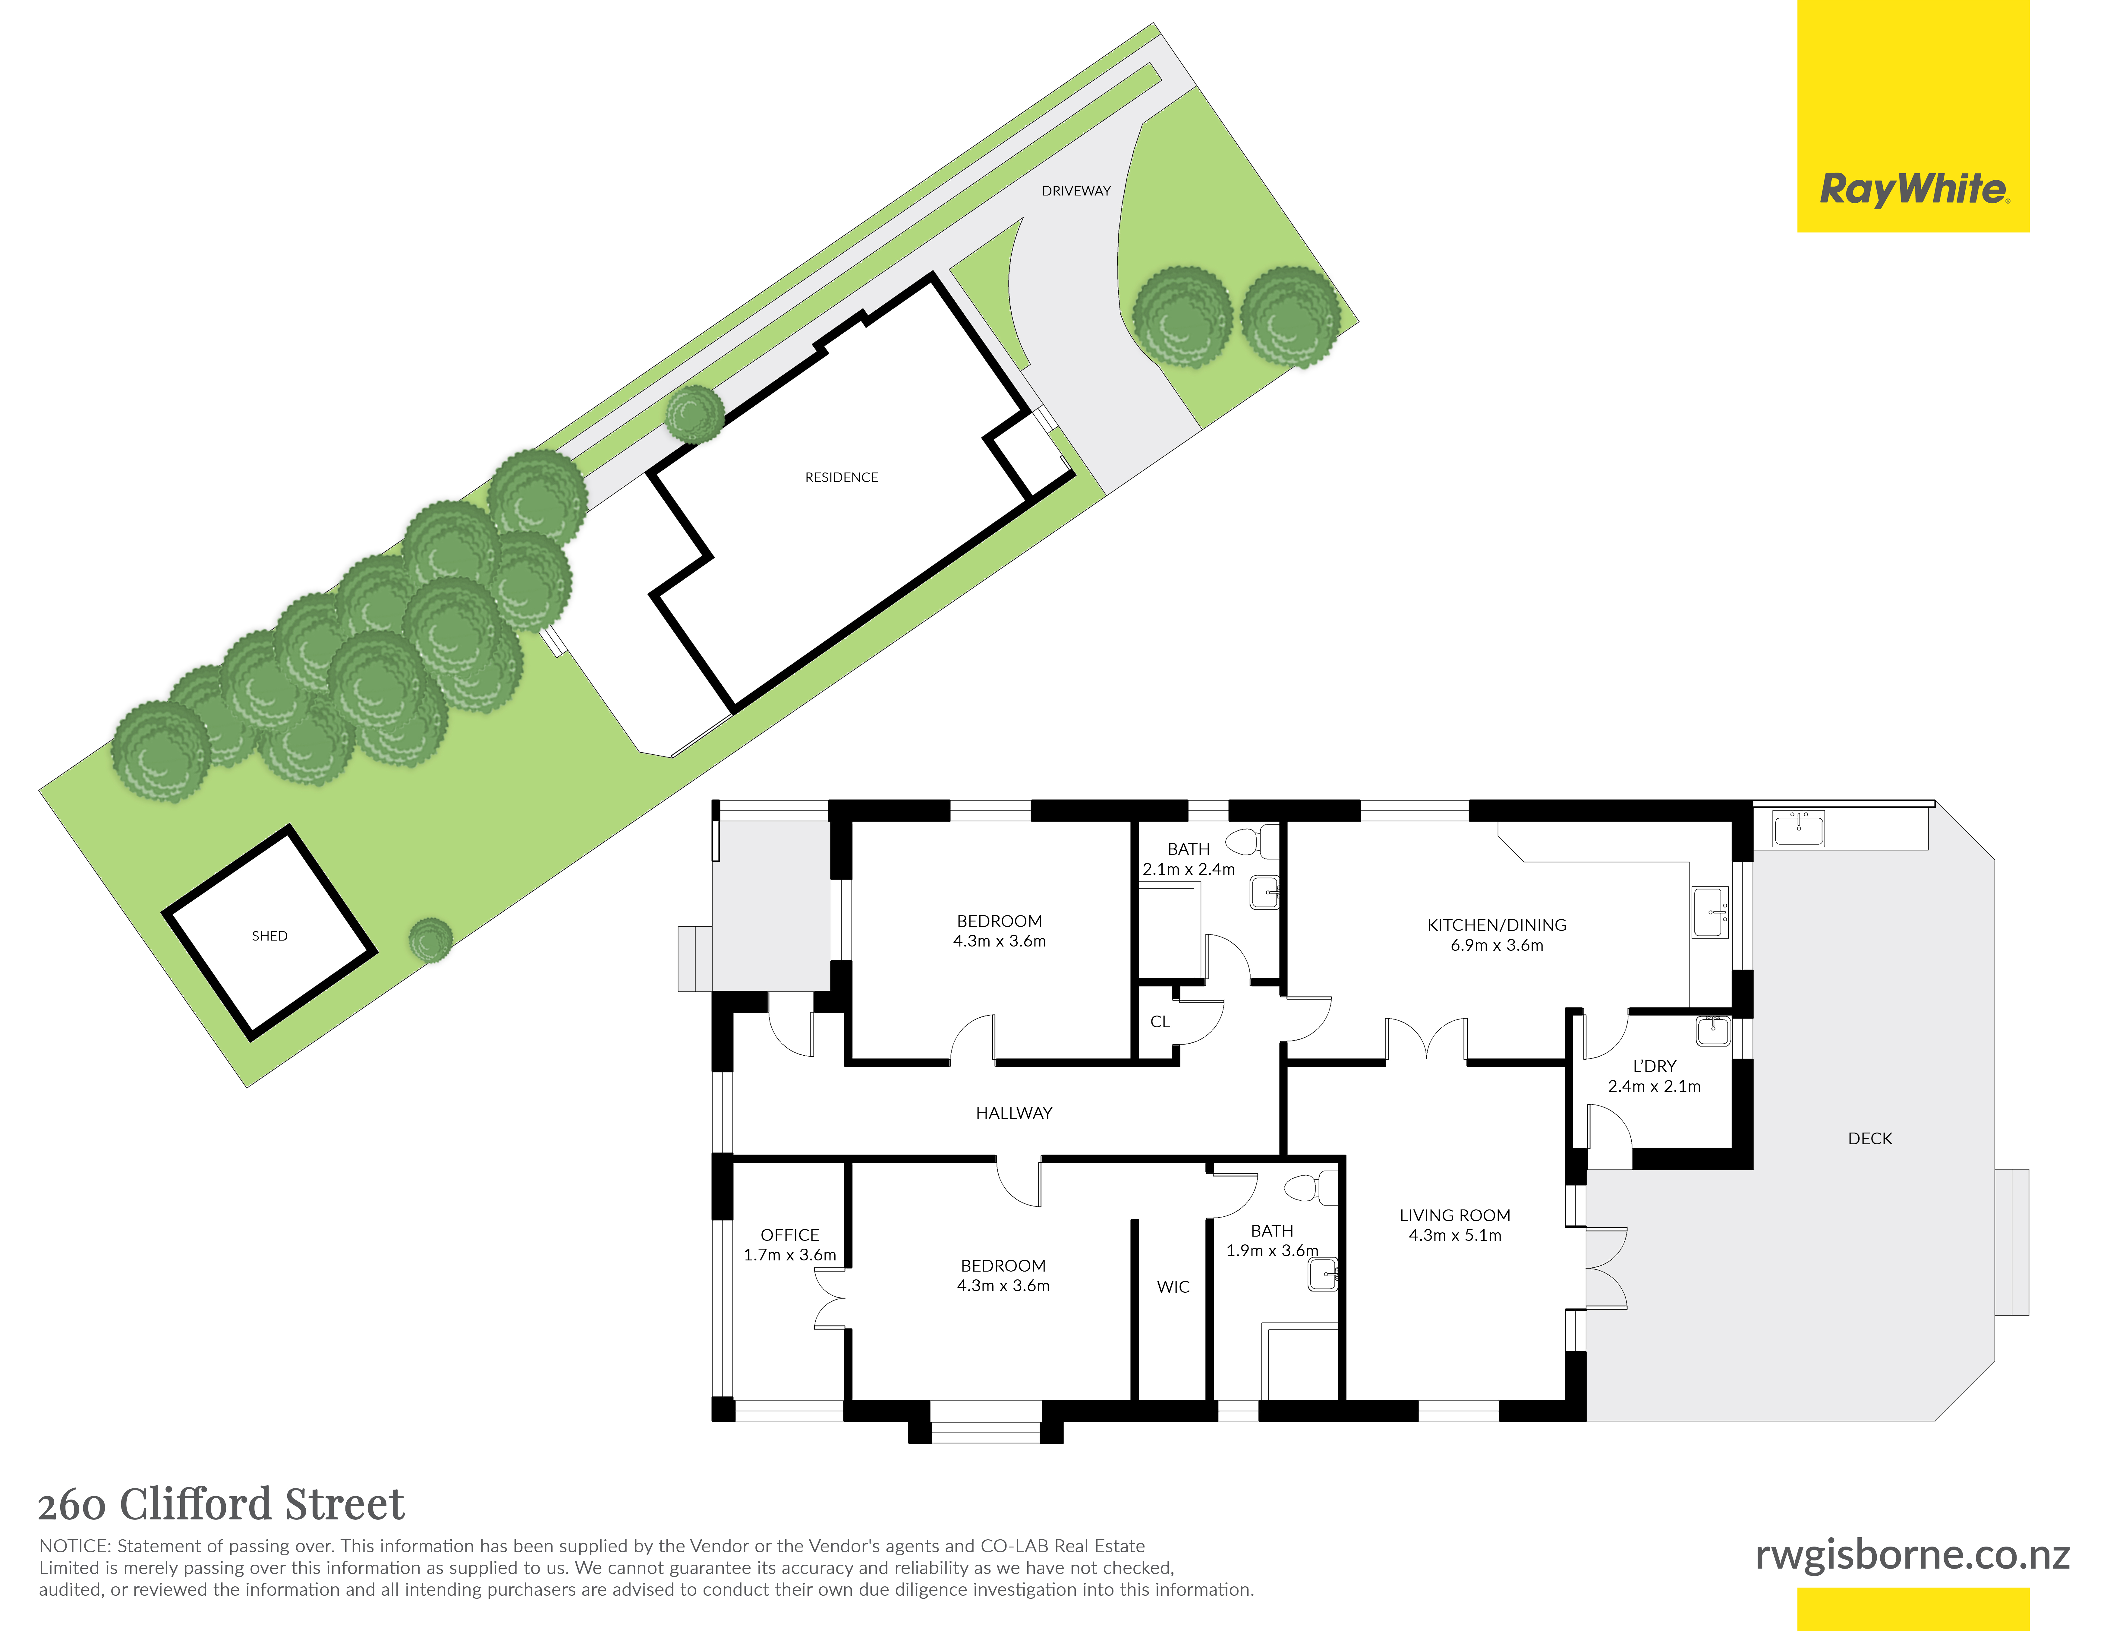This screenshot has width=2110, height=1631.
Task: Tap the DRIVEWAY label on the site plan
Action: point(1076,191)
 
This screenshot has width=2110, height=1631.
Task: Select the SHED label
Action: point(269,936)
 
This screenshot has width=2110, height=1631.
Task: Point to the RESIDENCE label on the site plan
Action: point(842,477)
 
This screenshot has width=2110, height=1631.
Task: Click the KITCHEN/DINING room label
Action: point(1497,925)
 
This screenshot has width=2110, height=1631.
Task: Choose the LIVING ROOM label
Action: point(1455,1215)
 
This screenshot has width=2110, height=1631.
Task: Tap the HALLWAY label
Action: point(1013,1113)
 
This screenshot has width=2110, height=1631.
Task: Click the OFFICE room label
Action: point(789,1235)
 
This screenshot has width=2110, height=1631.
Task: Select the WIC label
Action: point(1173,1287)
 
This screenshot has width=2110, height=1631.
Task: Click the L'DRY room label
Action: point(1654,1066)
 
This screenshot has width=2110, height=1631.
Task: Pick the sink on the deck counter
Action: point(1798,828)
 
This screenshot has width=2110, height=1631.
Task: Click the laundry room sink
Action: point(1713,1031)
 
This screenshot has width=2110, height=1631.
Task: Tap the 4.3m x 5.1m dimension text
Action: point(1455,1236)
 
